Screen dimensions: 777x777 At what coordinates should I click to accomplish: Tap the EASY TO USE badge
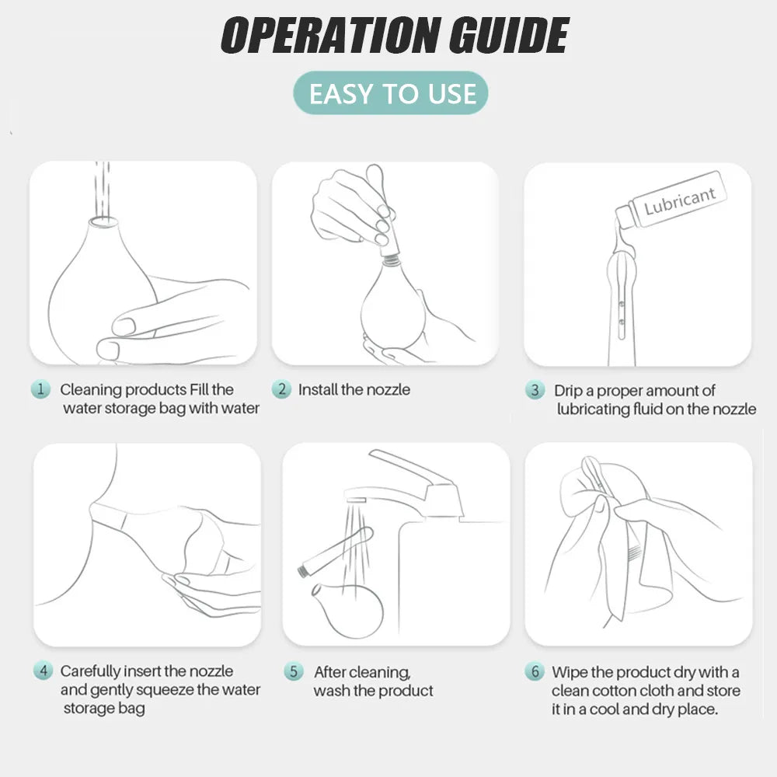pos(391,93)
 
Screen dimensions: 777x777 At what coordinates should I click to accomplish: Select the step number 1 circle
pos(40,389)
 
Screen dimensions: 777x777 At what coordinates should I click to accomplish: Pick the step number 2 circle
pos(281,389)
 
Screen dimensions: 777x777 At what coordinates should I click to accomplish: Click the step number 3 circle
pos(535,390)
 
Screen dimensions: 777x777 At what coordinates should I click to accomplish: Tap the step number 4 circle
pos(43,671)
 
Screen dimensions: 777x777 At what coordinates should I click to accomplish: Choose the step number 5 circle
pos(294,671)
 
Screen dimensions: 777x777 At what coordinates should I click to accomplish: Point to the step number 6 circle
pos(535,671)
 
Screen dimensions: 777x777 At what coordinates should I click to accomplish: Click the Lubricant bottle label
pos(679,200)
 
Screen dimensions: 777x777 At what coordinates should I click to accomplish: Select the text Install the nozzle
pos(354,389)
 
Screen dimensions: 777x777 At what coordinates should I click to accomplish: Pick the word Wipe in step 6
pos(570,672)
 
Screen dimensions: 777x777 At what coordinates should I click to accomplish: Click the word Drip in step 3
pos(568,391)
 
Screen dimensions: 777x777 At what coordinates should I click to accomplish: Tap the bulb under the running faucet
pos(347,610)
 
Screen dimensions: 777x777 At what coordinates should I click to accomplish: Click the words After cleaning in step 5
pos(362,672)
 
